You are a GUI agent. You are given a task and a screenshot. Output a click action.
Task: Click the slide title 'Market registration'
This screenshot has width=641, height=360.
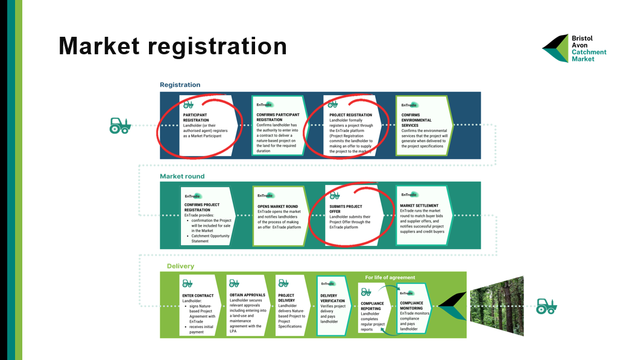172,46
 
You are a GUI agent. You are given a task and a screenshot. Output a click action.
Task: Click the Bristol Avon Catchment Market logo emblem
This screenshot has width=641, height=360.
555,48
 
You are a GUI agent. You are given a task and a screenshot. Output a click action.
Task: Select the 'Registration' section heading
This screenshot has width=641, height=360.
180,85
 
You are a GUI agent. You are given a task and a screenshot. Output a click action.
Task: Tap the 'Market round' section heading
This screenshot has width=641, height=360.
182,176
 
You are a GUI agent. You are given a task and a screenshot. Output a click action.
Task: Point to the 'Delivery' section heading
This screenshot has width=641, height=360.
181,266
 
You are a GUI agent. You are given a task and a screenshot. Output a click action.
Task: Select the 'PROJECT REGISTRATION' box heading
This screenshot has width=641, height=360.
350,115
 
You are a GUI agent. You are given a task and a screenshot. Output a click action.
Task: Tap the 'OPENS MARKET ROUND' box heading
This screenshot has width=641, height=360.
277,206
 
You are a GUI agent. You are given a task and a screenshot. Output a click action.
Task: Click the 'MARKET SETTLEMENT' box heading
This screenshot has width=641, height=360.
419,206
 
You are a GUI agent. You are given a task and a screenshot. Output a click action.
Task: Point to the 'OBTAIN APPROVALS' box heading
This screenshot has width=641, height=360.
248,295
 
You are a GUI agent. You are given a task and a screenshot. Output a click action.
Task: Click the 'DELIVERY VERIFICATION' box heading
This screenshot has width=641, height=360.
332,297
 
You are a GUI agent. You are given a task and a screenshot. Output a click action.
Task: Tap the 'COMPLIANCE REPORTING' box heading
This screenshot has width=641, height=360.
372,307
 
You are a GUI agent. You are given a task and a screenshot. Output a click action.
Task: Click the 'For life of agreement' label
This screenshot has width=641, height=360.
390,277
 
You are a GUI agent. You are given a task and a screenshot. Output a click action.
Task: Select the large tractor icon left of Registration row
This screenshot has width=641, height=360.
120,125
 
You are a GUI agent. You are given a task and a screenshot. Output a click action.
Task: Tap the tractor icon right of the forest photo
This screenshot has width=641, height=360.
546,306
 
